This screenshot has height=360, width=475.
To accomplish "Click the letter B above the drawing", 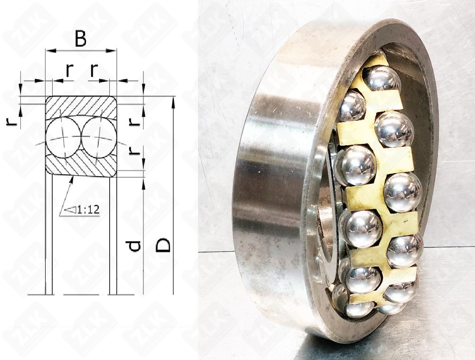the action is pos(81,39).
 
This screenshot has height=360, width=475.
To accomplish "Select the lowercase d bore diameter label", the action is pos(134,246).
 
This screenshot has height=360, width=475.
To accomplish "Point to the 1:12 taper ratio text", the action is pos(88,209).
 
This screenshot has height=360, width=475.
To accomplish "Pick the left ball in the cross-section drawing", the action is pos(63,138).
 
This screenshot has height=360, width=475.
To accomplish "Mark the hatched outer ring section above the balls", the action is pos(81,106).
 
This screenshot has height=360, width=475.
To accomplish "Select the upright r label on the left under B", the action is pos(70,71).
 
